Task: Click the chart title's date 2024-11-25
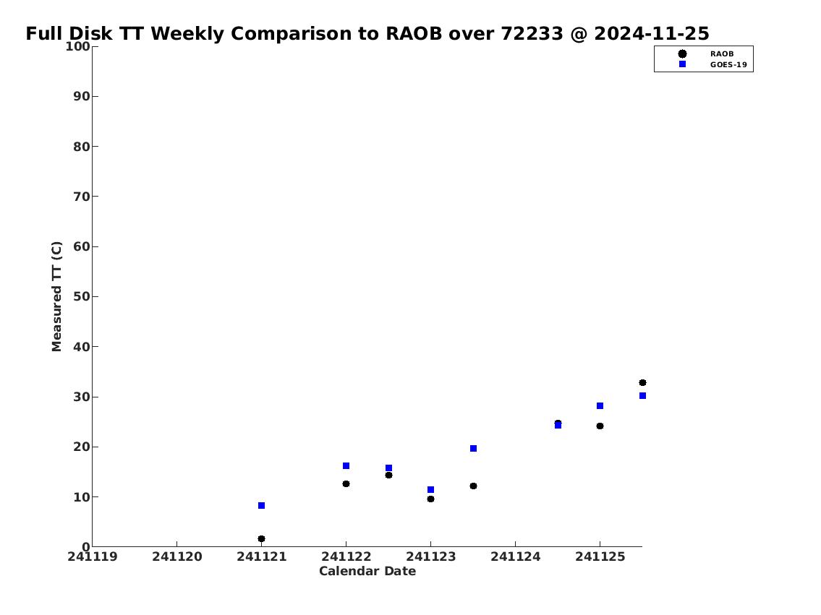(x=651, y=33)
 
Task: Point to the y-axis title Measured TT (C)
(x=56, y=296)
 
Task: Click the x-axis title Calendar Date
(x=367, y=571)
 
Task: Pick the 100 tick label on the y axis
(x=77, y=46)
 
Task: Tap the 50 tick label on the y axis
(x=82, y=296)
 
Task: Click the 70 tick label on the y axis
(x=82, y=197)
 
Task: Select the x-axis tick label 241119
(x=93, y=556)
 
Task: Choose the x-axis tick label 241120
(x=177, y=556)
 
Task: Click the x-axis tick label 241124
(x=515, y=556)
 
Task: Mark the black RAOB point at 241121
(x=261, y=538)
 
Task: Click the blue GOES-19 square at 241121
(x=261, y=506)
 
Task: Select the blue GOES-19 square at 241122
(x=346, y=466)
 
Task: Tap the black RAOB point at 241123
(x=430, y=499)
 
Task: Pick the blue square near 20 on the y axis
(x=473, y=449)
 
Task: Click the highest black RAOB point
(x=642, y=383)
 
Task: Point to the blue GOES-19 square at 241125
(x=600, y=406)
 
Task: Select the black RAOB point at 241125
(x=600, y=426)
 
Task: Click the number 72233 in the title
(x=532, y=33)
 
